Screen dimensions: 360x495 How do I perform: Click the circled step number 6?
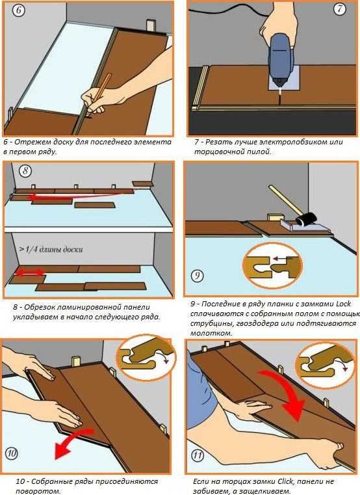[19, 10]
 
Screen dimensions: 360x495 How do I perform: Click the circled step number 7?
[340, 9]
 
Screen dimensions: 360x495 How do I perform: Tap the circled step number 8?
[25, 171]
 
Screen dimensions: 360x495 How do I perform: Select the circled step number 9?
[197, 276]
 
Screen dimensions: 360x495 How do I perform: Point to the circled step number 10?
[12, 454]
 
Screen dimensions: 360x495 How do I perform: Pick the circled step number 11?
[198, 455]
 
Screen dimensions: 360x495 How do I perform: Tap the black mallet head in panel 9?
[305, 219]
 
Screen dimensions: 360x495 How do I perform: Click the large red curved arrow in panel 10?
[73, 442]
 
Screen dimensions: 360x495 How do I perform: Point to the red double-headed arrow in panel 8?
[31, 273]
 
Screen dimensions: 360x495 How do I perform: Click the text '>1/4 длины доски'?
[51, 249]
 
